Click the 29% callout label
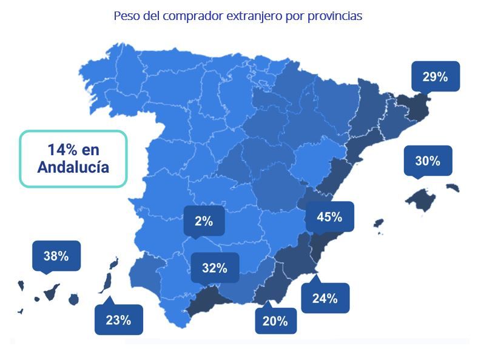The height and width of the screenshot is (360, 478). point(435,76)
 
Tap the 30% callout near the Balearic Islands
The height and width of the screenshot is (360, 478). point(427,161)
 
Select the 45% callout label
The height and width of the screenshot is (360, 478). point(329,217)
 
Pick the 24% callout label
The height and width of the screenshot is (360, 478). point(325,298)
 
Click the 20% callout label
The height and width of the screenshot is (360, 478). point(275,321)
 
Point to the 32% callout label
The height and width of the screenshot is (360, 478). point(215,267)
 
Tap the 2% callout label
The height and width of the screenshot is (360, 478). point(204,221)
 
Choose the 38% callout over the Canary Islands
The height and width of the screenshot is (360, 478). point(56,256)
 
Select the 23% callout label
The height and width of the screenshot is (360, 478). point(118,319)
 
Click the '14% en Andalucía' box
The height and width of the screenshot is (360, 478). point(73,158)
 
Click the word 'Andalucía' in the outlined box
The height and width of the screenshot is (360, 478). point(73,168)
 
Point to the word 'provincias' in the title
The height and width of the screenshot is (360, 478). point(335,16)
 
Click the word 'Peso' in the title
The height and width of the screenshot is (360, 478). point(126,16)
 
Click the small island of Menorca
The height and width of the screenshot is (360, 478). point(452,187)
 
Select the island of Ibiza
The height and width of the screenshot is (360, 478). point(379,223)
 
